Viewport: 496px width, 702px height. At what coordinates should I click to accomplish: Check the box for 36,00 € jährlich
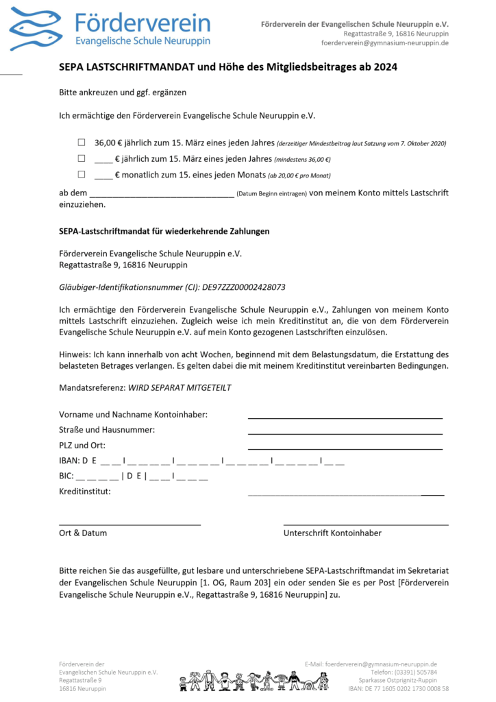tap(82, 143)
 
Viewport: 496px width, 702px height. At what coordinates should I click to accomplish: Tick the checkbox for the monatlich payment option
tap(82, 175)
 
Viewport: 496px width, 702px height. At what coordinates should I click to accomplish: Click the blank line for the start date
tap(162, 195)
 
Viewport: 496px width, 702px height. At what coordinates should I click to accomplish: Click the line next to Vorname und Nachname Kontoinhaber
tap(345, 416)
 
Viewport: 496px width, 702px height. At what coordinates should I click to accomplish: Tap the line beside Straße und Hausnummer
tap(345, 432)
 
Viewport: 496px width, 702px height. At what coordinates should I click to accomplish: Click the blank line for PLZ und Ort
tap(345, 448)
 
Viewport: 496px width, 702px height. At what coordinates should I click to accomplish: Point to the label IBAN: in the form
tap(71, 461)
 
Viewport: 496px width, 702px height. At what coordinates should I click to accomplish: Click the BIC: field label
tap(66, 476)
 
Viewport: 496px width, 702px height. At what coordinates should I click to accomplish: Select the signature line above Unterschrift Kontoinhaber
tap(366, 524)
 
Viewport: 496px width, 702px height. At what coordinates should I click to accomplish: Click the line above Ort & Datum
tap(129, 524)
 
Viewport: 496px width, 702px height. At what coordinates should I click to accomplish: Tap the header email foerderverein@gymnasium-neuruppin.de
tap(385, 43)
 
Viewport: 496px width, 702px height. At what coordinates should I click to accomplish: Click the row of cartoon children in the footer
tap(253, 681)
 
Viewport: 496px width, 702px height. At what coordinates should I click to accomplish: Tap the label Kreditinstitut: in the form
tap(85, 492)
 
